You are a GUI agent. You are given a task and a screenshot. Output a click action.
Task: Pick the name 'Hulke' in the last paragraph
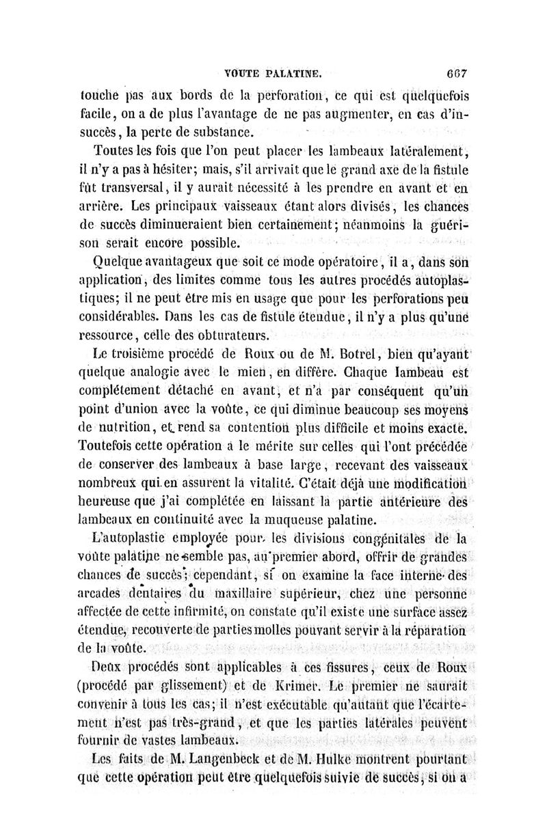click(330, 758)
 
